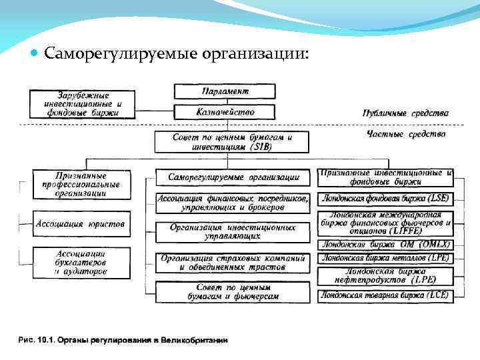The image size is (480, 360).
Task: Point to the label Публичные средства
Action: tap(406, 113)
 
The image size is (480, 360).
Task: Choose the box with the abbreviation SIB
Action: tap(231, 141)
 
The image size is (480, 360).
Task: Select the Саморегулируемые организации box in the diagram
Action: tap(233, 177)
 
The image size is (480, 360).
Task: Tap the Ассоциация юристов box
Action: tap(80, 223)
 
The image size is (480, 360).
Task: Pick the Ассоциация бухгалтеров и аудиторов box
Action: tap(80, 261)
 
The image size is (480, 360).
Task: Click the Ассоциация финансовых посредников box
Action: tap(233, 203)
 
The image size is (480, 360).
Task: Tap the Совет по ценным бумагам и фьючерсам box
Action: tap(233, 291)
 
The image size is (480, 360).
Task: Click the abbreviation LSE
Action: tap(439, 198)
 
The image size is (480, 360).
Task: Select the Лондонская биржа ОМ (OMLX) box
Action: tap(385, 244)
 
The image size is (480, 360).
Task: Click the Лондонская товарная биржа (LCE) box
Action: tap(385, 294)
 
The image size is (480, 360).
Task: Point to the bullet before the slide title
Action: tap(35, 53)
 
